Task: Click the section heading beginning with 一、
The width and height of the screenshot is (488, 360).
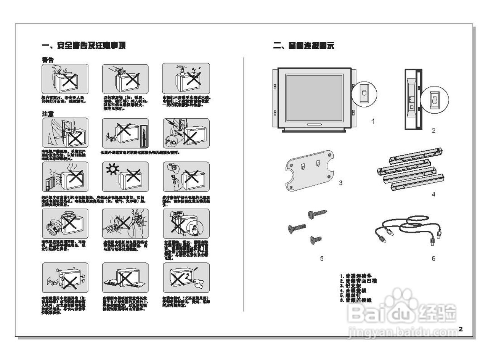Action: tap(83, 45)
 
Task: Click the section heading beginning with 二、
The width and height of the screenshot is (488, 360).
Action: tap(303, 46)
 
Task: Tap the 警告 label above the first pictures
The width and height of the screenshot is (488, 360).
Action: tap(48, 60)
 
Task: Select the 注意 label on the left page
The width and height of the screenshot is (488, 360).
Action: tap(48, 114)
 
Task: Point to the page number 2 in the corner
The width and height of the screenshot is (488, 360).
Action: tap(461, 329)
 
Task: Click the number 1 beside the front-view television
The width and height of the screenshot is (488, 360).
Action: tap(373, 121)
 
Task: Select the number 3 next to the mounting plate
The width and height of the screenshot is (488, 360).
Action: tap(341, 183)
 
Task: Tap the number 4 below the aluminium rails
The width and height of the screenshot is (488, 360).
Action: tap(433, 194)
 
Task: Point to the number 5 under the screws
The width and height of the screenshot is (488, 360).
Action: tap(322, 259)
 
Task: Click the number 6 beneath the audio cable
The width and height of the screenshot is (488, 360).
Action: tap(433, 259)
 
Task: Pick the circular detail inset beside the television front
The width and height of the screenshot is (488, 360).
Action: tap(364, 93)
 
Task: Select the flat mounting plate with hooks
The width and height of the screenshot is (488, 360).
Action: tap(310, 170)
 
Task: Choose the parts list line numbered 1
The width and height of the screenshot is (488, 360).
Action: tap(358, 275)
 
